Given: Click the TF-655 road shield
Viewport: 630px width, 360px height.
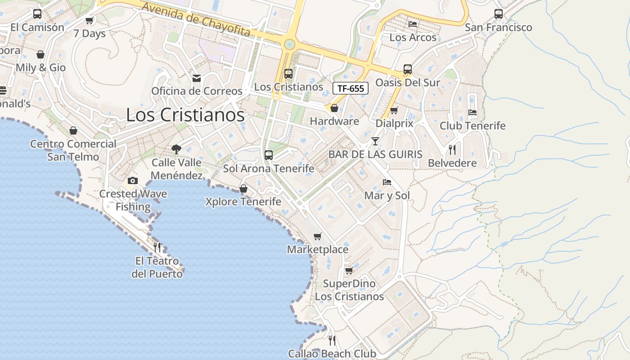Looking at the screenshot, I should [351, 88].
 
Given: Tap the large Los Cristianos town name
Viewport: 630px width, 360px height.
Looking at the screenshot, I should [185, 115].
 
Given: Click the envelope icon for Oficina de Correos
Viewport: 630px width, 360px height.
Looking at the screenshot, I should [197, 78].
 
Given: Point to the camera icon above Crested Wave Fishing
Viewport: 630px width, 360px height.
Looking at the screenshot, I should [133, 180].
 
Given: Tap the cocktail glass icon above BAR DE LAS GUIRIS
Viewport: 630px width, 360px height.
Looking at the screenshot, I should [375, 141].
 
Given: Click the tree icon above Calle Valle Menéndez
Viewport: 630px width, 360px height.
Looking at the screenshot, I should [176, 149].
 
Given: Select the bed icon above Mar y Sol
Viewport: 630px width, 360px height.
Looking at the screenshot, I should [387, 182].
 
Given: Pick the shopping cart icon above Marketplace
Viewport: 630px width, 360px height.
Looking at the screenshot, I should [318, 236].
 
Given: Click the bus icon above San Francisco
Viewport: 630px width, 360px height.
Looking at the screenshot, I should [499, 14].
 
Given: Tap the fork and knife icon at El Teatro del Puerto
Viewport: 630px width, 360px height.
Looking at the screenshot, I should [157, 247].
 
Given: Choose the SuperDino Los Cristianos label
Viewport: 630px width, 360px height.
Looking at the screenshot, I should [349, 290].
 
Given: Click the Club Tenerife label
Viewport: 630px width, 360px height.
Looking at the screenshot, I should [472, 126].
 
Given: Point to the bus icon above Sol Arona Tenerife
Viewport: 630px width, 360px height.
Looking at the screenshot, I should [269, 155].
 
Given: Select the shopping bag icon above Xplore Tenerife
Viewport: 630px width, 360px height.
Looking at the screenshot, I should [243, 189].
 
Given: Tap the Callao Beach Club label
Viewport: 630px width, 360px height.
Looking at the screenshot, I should [332, 354].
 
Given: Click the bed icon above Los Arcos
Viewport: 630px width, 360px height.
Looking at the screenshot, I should [413, 24].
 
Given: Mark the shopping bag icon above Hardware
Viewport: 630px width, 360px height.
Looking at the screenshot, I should [334, 108].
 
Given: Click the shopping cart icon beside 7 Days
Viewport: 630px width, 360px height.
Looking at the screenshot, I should [90, 20].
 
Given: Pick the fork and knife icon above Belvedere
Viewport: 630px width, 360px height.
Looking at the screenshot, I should [452, 149].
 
